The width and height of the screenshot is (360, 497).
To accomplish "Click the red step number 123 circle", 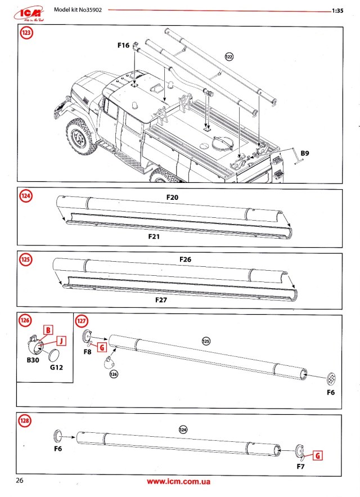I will point(26,33).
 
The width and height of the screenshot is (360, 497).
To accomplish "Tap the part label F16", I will point(123,44).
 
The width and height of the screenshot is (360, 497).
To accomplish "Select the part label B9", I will point(305,153).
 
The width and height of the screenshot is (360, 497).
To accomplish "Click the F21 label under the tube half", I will point(155,237).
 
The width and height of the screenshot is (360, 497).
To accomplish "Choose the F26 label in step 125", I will point(186,259).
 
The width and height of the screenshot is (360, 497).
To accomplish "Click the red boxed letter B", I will point(48,329).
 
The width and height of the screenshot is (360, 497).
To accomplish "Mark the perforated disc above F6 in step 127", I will point(332,376).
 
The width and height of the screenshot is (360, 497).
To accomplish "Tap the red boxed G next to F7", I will point(317,456).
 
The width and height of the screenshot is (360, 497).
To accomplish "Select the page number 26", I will point(20,481).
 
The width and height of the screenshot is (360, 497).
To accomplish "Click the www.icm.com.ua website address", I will point(178,482).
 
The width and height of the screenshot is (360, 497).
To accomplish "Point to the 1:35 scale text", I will point(338,11).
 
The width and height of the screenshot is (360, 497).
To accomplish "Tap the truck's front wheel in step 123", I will point(77,138).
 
